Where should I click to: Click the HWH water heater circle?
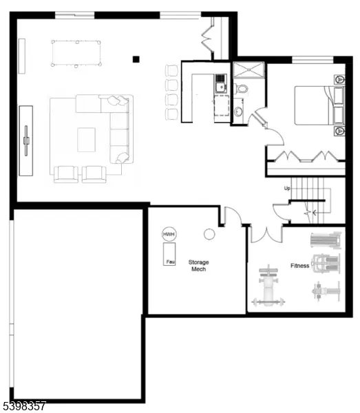point(169,235)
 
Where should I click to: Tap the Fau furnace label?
point(169,262)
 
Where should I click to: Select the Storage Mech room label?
point(198,266)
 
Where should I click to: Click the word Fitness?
point(299,266)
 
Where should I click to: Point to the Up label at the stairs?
point(287,188)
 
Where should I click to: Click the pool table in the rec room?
point(76,52)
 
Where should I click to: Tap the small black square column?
point(136,59)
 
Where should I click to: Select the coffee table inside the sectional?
point(87,140)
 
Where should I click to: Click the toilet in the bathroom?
point(242,88)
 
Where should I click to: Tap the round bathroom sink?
point(237,112)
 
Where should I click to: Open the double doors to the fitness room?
point(265,234)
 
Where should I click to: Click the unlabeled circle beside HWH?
point(209,234)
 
